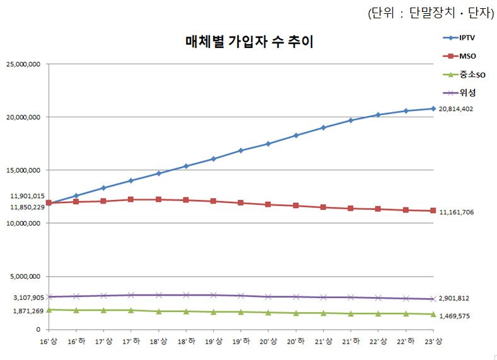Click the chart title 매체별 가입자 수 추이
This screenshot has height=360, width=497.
coord(249,42)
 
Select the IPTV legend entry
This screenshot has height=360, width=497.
coord(467,38)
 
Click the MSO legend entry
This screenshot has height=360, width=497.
coord(467,57)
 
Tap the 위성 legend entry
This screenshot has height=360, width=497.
coord(467,93)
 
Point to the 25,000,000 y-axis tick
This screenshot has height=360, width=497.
coord(23,64)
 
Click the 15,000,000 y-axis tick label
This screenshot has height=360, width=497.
coord(23,170)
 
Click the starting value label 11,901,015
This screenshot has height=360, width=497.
coord(23,196)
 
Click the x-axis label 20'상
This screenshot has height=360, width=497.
coord(268,341)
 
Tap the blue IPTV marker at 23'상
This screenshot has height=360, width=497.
coord(433,108)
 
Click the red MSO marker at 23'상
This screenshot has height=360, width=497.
coord(433,211)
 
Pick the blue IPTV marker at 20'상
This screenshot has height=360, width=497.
coord(268,144)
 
